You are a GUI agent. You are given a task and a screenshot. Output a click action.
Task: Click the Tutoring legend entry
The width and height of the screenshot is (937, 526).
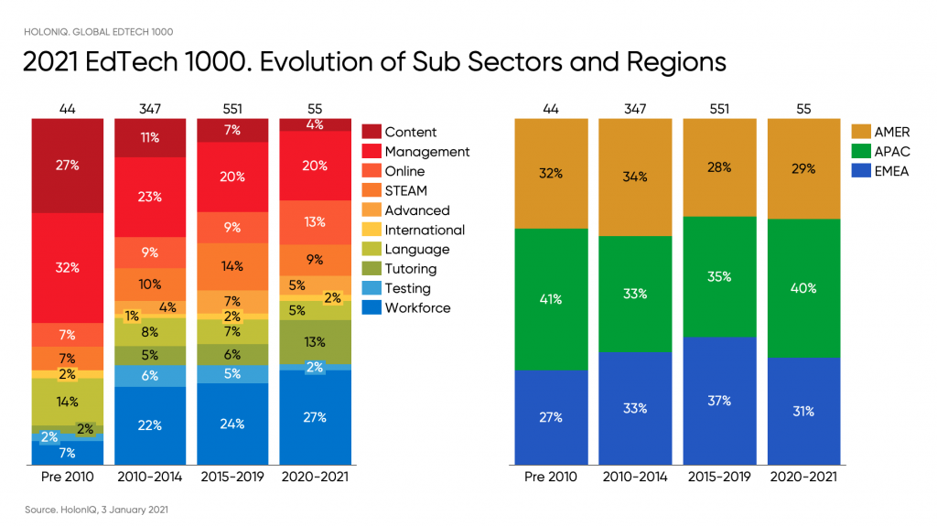click(x=410, y=269)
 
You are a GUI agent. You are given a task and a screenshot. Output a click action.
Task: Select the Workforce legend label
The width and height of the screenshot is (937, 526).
click(x=417, y=308)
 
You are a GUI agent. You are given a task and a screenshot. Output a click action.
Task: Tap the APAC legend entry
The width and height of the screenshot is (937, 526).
click(x=891, y=152)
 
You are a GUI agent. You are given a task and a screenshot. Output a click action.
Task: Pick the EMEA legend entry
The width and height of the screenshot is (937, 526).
click(x=891, y=171)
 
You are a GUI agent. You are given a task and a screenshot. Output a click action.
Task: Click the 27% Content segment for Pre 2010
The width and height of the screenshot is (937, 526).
click(x=68, y=166)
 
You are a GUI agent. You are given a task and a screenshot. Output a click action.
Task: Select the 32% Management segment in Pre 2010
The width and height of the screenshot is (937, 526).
click(x=68, y=268)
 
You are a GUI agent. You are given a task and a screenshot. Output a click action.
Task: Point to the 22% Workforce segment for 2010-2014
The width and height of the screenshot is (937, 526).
click(x=150, y=424)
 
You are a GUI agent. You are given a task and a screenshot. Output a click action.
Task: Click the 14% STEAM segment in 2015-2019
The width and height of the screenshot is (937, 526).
click(x=232, y=266)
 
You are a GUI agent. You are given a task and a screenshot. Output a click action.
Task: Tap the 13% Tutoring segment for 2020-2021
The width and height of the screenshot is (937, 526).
click(x=316, y=342)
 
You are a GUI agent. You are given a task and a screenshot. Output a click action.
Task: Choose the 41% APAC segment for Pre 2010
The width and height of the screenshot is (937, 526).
click(x=551, y=299)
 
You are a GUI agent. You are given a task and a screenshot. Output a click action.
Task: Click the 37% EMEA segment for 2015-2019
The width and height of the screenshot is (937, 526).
click(x=718, y=401)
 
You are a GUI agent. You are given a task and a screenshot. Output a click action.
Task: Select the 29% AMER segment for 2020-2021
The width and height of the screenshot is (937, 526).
click(x=802, y=168)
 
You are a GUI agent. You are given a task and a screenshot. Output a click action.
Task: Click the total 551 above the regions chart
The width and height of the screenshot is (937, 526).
click(x=718, y=109)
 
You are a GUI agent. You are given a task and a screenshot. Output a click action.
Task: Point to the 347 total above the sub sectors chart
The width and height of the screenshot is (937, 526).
click(x=150, y=109)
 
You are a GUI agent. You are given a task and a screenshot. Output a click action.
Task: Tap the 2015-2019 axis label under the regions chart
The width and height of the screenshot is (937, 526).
click(x=718, y=477)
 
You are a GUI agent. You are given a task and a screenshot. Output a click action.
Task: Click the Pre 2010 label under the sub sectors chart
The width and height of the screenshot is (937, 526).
click(x=68, y=477)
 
